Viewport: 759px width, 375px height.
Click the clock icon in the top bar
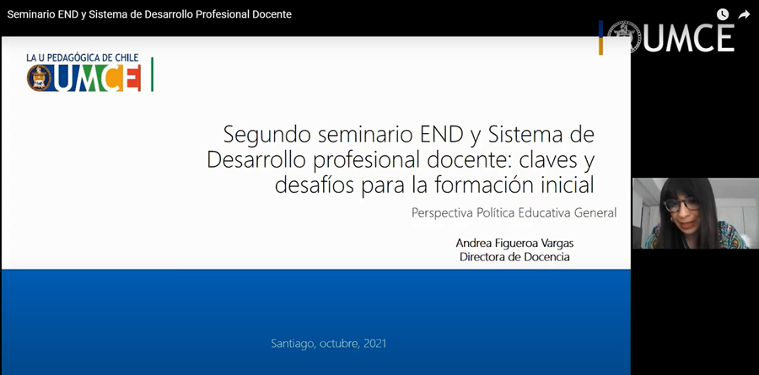(x=723, y=14)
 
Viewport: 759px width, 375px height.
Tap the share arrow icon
(x=744, y=14)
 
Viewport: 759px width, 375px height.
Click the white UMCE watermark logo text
(x=689, y=38)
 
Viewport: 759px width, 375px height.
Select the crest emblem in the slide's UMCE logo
(x=39, y=78)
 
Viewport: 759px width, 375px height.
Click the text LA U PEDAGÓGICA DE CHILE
(x=83, y=58)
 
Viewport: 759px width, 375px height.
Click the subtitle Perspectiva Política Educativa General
(x=514, y=213)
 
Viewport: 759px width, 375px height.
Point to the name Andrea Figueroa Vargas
(x=514, y=243)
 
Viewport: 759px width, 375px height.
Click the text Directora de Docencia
(x=514, y=257)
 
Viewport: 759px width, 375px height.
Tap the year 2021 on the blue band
(x=375, y=344)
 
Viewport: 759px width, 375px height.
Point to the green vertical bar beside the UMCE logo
(x=152, y=74)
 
